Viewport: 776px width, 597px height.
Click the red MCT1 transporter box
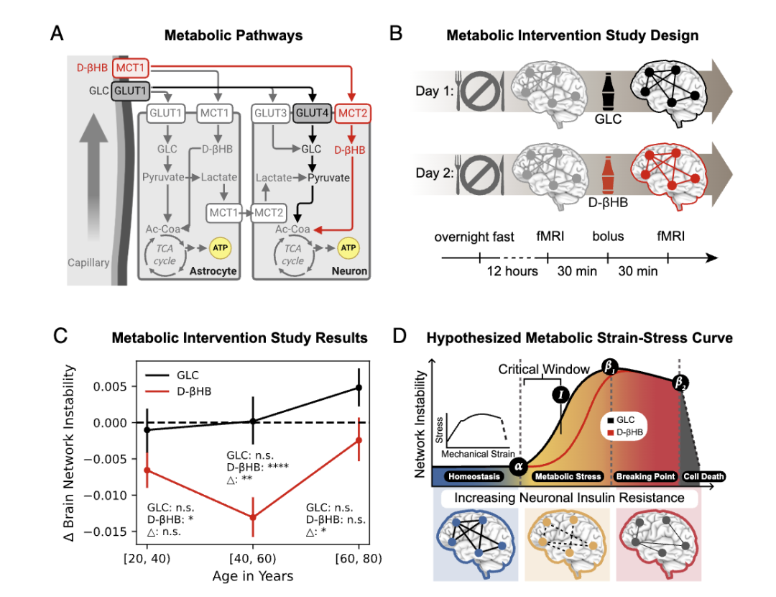[x=130, y=68]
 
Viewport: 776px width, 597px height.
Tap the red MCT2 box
[x=352, y=114]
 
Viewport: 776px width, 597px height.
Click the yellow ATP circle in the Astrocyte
[x=221, y=248]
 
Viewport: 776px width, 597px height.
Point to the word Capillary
[x=88, y=263]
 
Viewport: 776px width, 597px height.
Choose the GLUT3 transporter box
[x=271, y=113]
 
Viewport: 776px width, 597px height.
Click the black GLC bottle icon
[x=609, y=93]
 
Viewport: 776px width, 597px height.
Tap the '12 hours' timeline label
[x=512, y=271]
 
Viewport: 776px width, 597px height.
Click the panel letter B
[x=396, y=34]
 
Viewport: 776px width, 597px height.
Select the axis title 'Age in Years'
[x=253, y=576]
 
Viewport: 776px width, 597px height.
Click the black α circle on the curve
[x=519, y=465]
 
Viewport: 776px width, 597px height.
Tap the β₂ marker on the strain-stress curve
[x=680, y=383]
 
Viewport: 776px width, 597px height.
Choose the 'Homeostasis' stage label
[x=474, y=477]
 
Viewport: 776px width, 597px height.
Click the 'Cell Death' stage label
[x=703, y=477]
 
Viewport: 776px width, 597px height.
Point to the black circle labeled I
[x=560, y=395]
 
